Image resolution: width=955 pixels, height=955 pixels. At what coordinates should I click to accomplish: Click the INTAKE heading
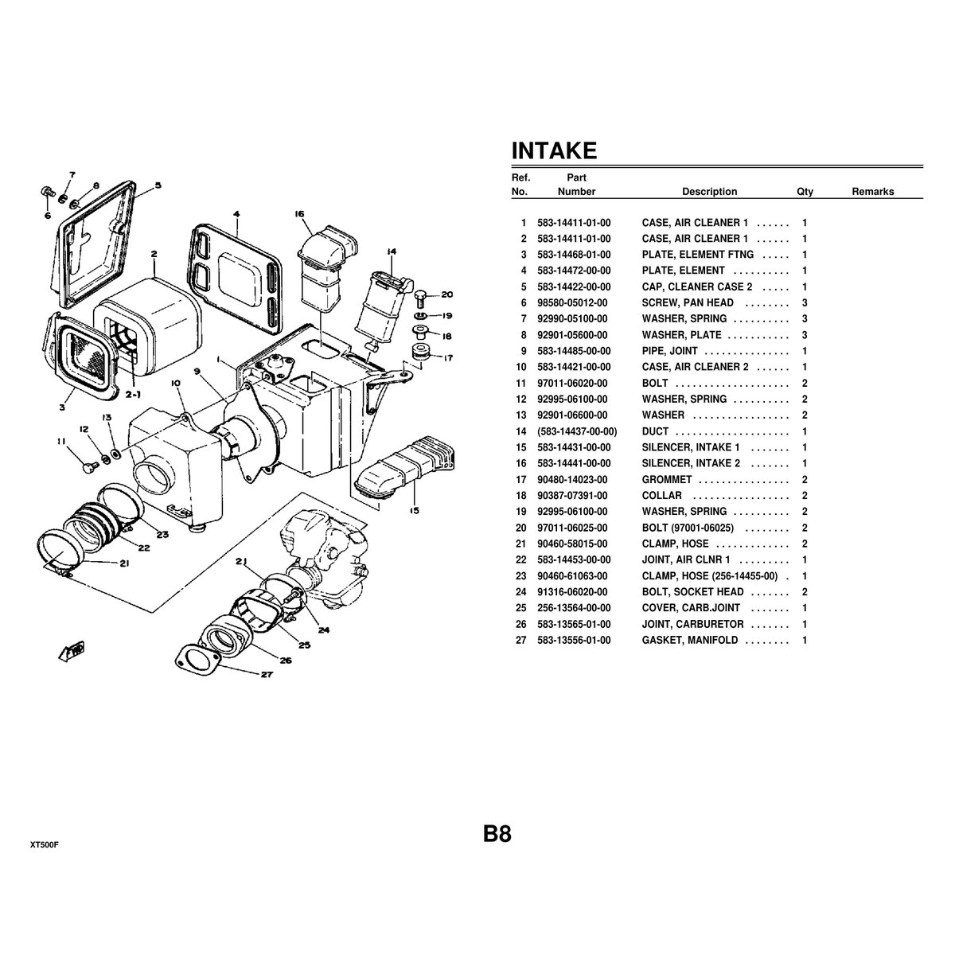[x=554, y=151]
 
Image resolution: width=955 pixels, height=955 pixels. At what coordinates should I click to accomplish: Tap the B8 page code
[x=496, y=834]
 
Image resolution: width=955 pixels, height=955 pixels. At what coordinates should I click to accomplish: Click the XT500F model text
[x=45, y=844]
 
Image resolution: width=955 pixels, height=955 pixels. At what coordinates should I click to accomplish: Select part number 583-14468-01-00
[x=574, y=255]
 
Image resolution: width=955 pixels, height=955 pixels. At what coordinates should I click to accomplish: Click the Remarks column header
[x=872, y=192]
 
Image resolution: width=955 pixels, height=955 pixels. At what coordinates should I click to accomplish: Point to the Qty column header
[x=805, y=192]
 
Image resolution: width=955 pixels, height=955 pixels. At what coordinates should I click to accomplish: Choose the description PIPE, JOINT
[x=669, y=351]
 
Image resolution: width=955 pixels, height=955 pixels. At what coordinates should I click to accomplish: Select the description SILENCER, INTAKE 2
[x=691, y=463]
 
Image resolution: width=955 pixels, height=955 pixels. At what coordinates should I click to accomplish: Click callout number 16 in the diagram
[x=299, y=214]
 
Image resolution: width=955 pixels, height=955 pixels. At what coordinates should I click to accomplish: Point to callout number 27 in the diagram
[x=267, y=675]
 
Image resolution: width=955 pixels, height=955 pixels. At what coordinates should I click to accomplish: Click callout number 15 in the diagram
[x=414, y=510]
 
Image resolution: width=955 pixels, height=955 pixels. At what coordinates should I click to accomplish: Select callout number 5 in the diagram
[x=158, y=185]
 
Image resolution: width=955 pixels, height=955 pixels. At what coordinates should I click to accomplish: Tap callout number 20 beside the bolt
[x=446, y=294]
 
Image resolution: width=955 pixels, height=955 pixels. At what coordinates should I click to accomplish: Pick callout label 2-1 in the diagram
[x=132, y=394]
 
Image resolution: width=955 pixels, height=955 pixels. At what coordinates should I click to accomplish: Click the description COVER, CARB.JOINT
[x=691, y=608]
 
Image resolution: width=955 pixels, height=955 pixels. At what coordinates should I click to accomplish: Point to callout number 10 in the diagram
[x=176, y=383]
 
